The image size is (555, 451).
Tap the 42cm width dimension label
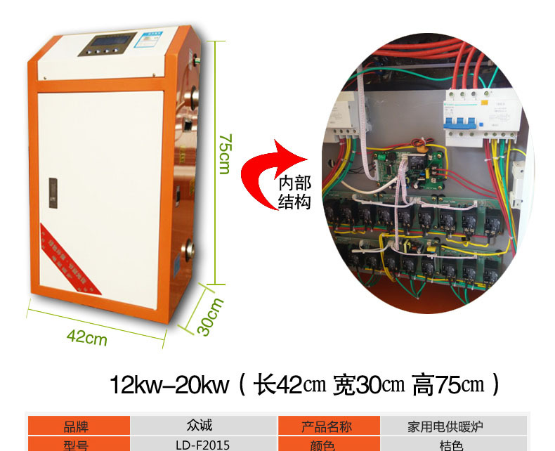coord(87,337)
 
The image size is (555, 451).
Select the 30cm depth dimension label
coord(211,317)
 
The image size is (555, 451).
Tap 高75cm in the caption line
coord(450,385)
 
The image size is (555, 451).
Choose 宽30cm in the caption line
coord(368,385)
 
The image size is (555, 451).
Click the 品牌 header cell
coord(78,426)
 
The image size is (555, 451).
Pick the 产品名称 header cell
coord(327,426)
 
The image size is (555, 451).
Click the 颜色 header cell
coord(327,445)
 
